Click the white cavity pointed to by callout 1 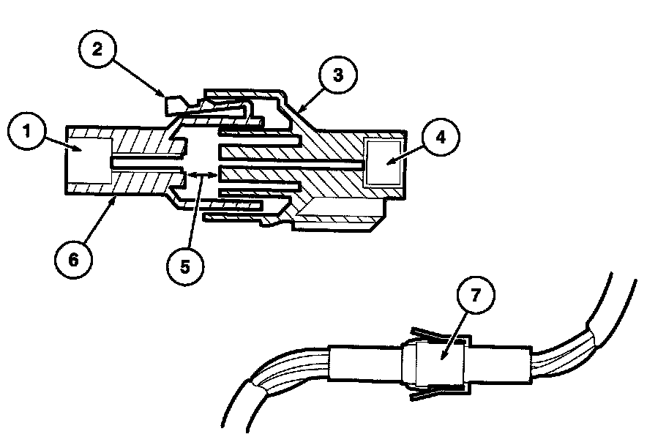click(x=89, y=160)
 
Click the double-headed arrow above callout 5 click(x=201, y=174)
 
